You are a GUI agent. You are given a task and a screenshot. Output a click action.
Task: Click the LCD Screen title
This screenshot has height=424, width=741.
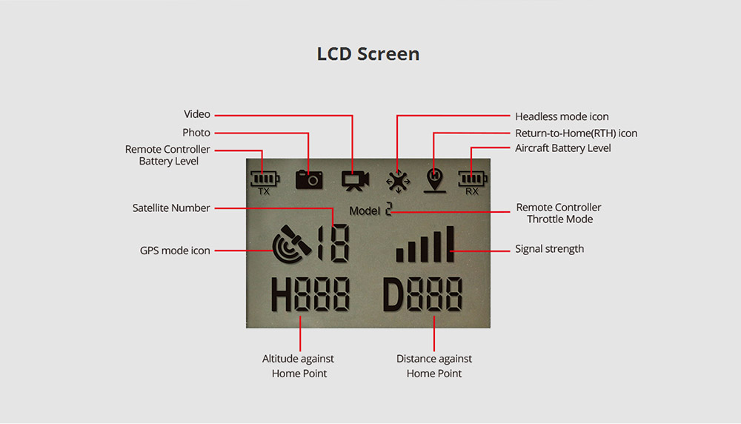(x=368, y=54)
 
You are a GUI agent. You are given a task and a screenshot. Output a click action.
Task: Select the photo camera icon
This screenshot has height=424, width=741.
(x=309, y=179)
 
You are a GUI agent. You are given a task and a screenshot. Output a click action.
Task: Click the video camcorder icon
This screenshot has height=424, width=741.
(x=356, y=181)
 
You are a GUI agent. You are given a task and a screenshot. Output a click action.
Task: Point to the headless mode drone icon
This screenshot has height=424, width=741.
(x=398, y=182)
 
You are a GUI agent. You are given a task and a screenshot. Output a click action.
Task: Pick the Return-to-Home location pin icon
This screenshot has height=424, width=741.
(x=435, y=181)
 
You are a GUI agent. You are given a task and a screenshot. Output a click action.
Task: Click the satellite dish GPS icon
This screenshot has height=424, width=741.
(x=291, y=245)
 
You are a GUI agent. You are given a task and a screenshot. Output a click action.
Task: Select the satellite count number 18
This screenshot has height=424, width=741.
(x=334, y=243)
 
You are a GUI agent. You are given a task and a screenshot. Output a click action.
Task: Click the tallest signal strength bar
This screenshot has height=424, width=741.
(x=451, y=244)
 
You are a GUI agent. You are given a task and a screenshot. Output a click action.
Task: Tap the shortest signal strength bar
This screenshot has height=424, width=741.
(x=400, y=255)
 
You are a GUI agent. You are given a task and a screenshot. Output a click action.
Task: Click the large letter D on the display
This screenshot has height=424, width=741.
(x=393, y=294)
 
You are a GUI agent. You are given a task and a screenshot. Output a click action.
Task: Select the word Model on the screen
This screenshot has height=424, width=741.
(x=365, y=211)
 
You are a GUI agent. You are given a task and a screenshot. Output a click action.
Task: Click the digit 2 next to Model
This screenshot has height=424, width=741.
(x=388, y=209)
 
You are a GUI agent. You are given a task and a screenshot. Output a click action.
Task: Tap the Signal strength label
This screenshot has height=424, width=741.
(x=549, y=249)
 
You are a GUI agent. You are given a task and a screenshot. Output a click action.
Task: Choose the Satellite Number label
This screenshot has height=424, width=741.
(x=171, y=208)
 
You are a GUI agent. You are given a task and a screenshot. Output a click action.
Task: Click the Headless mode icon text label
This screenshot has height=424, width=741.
(x=562, y=116)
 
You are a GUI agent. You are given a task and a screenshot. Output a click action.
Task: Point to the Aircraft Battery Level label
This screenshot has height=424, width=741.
(x=563, y=148)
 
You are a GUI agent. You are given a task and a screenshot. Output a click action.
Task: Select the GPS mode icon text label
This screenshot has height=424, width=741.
(x=175, y=251)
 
